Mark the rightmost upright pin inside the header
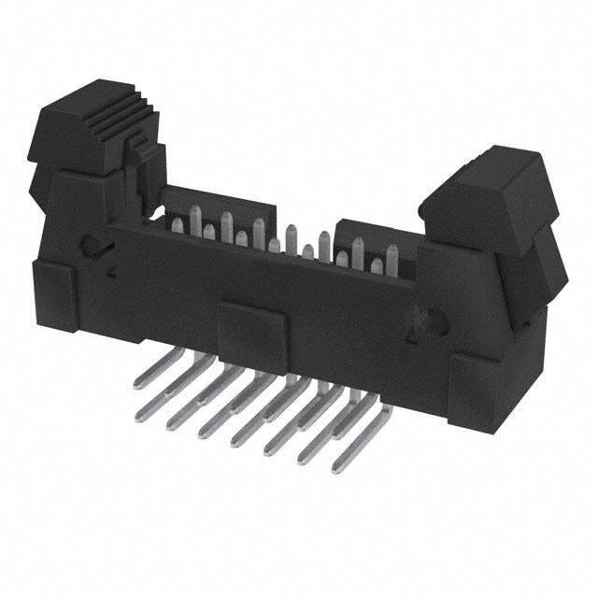pyautogui.click(x=392, y=257)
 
